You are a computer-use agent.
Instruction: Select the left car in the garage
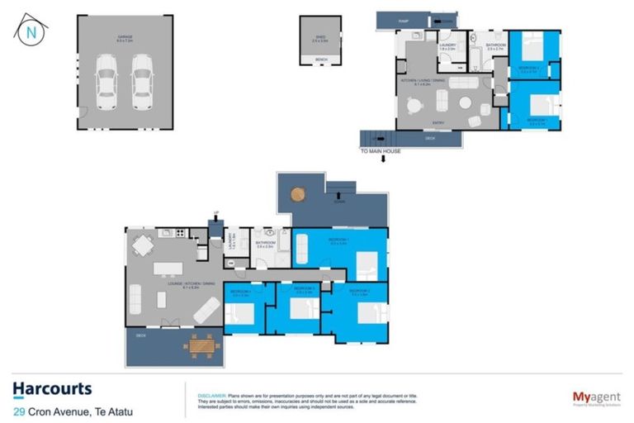pos(106,82)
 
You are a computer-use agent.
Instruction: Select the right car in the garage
pos(143,82)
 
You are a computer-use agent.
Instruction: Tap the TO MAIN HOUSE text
pos(381,151)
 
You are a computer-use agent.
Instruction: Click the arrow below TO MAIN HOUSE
pos(381,160)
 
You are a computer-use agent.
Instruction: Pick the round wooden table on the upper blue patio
pos(298,195)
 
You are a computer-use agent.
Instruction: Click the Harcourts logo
pos(52,388)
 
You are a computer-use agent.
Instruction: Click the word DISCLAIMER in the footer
pos(207,396)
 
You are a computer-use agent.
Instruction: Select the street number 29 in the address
pos(18,411)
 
